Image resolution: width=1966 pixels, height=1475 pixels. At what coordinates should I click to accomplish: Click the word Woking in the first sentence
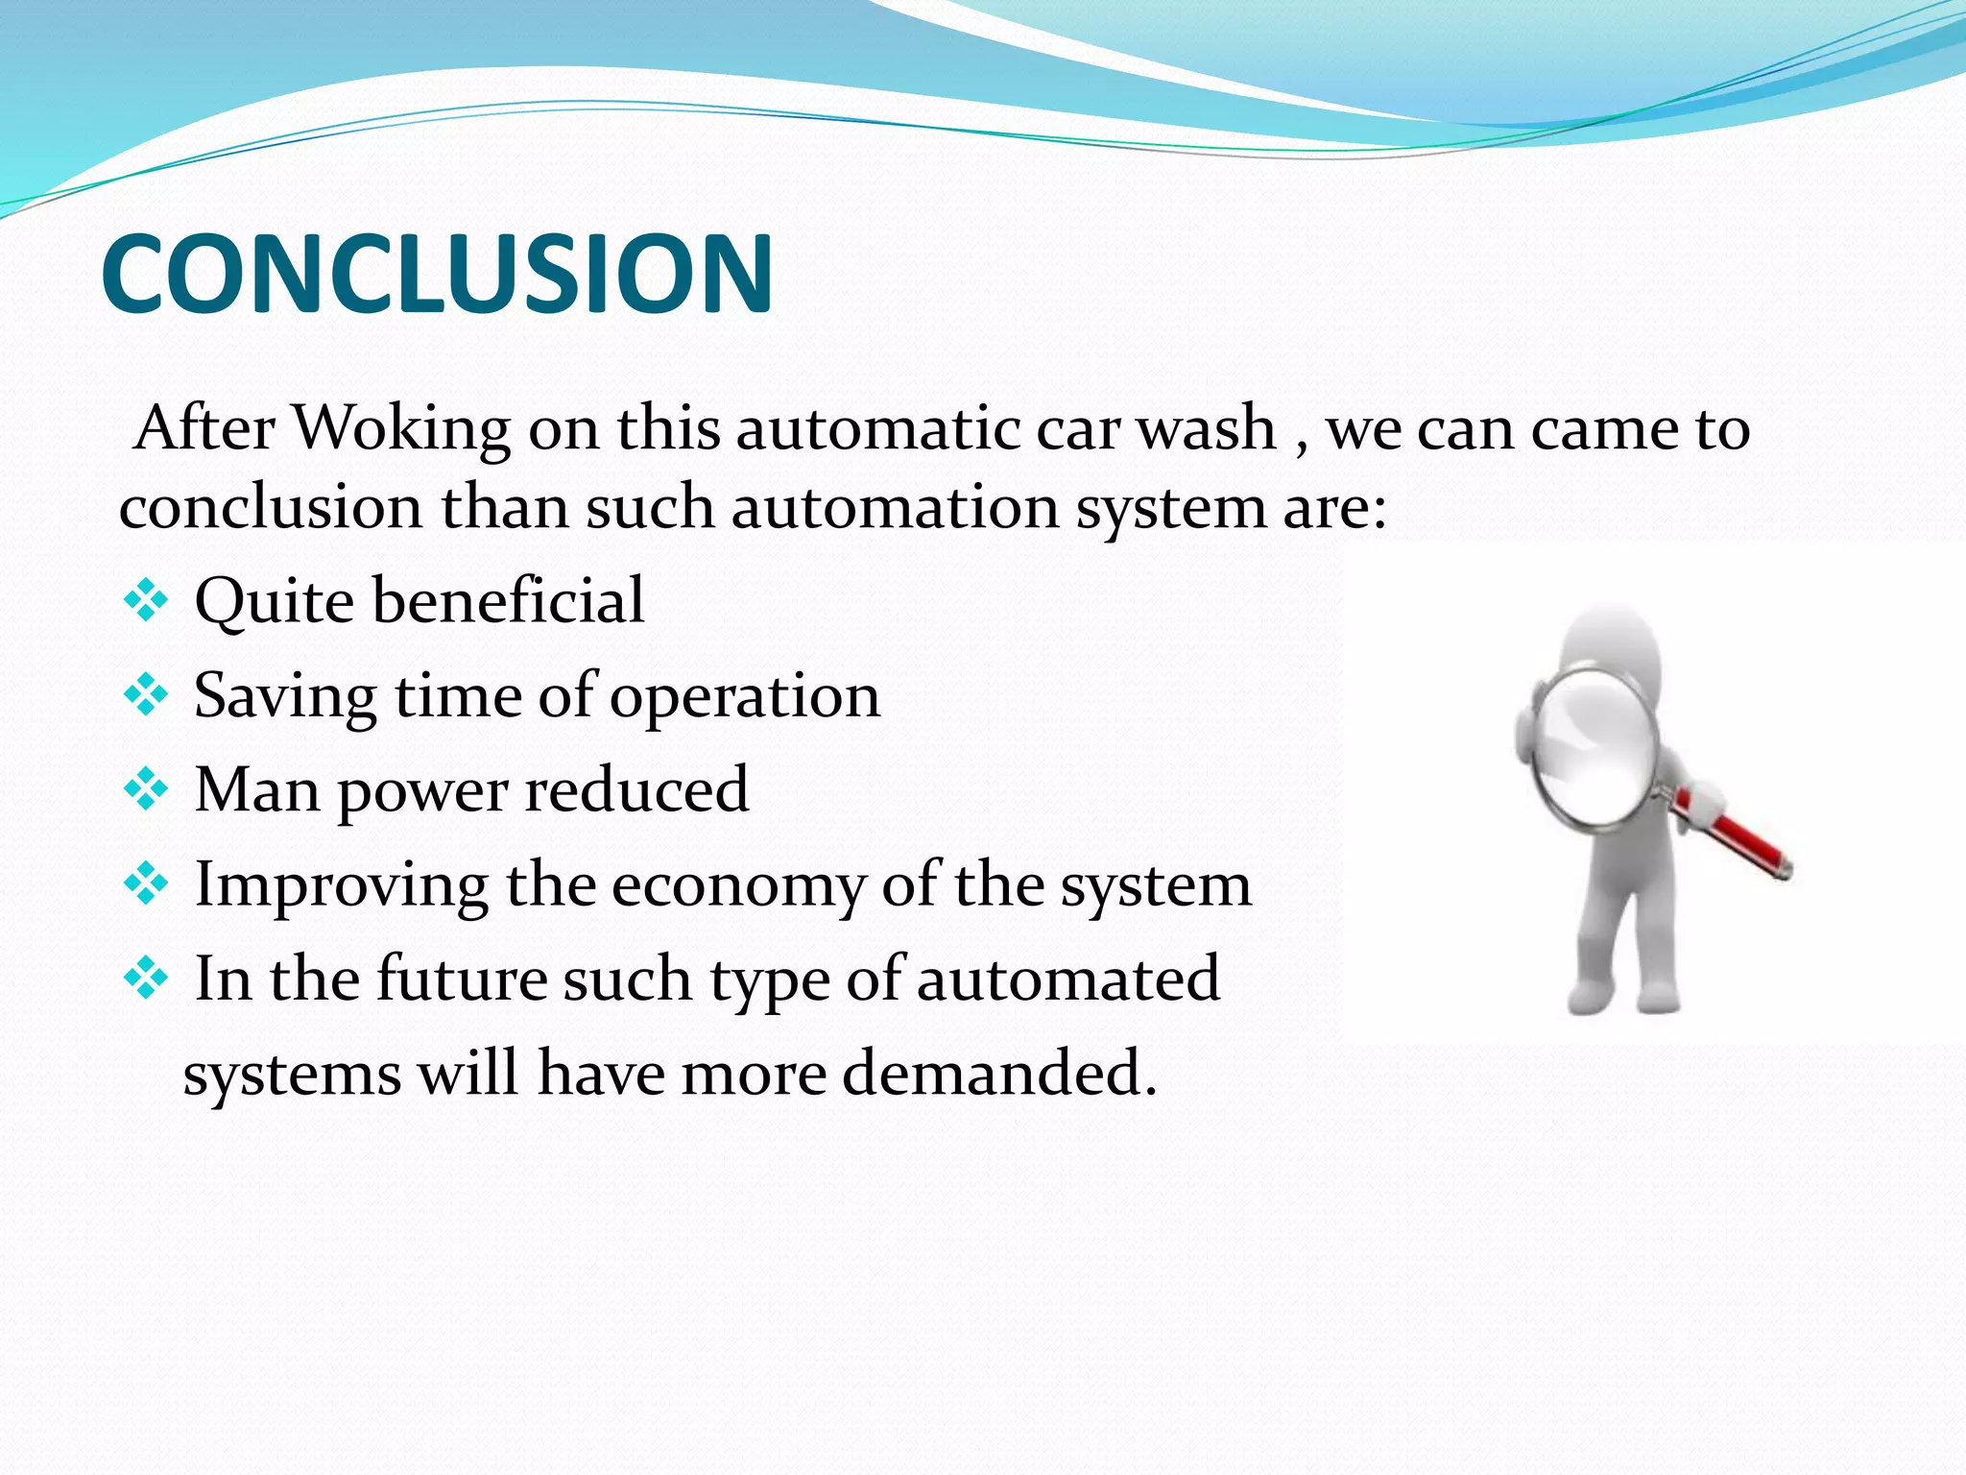[x=400, y=428]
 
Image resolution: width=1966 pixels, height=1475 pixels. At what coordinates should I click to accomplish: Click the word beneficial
[x=508, y=601]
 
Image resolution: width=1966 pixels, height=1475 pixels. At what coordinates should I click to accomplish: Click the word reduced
[x=636, y=790]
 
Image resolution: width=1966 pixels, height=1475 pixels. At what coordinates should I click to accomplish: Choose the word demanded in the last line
[x=998, y=1074]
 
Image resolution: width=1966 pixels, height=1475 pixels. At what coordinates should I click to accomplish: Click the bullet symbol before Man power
[x=146, y=790]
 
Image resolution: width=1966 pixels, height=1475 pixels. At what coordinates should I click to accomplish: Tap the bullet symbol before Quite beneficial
[x=146, y=603]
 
